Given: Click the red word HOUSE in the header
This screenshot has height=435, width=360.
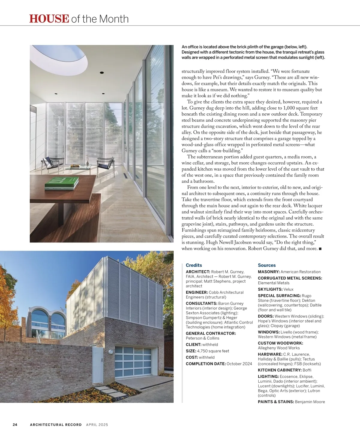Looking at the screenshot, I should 49,19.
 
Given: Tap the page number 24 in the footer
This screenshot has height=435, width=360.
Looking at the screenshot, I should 15,424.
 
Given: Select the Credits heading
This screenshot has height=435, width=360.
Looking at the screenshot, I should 194,265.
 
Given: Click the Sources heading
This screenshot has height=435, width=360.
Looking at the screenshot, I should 267,265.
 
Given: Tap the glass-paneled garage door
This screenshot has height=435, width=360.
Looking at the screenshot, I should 136,361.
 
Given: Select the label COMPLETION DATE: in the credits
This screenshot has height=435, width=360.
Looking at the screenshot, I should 206,364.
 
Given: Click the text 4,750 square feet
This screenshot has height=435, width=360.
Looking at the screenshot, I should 213,351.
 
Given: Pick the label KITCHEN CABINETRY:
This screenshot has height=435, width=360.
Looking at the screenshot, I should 280,370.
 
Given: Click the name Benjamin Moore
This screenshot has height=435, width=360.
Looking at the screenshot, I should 310,402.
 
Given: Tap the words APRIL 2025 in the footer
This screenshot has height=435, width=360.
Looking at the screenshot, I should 97,424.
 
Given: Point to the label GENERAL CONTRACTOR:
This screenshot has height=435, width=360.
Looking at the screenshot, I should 211,333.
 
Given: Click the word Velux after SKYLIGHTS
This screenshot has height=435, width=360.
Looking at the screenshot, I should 288,289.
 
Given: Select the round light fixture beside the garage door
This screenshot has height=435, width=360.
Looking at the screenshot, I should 111,352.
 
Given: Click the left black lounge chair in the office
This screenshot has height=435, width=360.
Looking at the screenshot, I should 53,163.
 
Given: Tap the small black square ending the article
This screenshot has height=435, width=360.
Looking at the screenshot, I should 320,249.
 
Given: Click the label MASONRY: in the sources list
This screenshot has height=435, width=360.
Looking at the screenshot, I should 268,272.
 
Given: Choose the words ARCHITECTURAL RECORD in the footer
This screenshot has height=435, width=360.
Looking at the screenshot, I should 56,424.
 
